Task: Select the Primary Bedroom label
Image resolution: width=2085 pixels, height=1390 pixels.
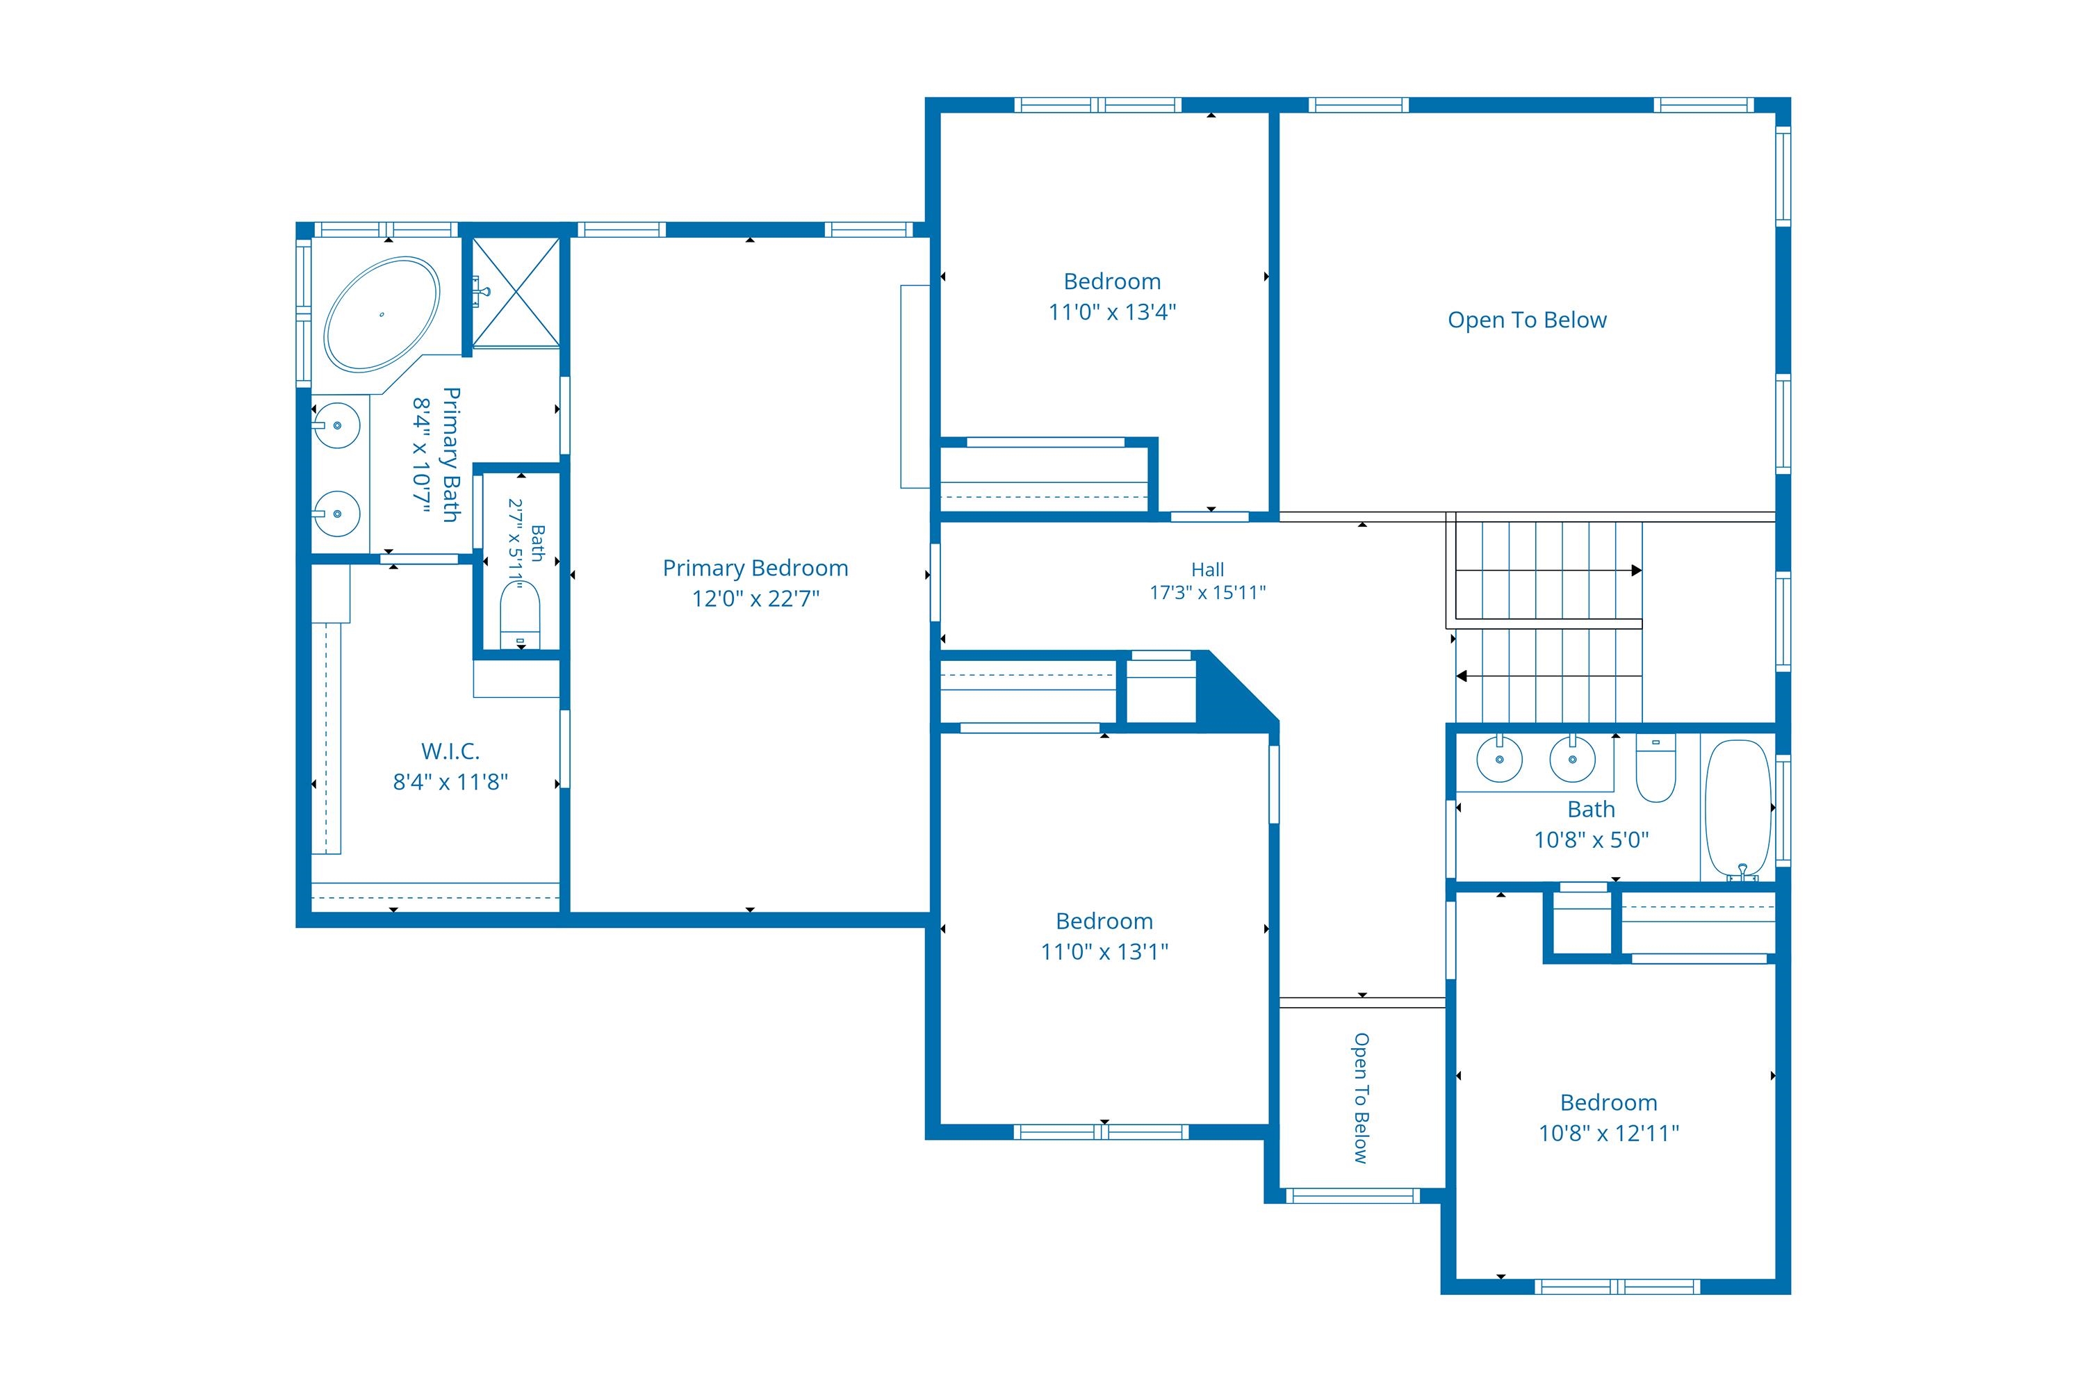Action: (x=755, y=569)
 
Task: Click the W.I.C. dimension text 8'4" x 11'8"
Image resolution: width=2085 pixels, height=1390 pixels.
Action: (x=450, y=782)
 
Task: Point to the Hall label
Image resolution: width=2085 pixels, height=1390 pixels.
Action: (x=1207, y=570)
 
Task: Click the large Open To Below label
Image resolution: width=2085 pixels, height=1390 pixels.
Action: (x=1526, y=320)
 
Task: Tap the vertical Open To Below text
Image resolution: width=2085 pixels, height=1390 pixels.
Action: (x=1361, y=1097)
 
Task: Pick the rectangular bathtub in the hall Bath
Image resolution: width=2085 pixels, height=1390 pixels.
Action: (x=1738, y=808)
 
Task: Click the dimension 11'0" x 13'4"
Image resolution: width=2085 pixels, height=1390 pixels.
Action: (x=1111, y=312)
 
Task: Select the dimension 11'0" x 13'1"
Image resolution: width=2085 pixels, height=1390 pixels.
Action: (x=1104, y=952)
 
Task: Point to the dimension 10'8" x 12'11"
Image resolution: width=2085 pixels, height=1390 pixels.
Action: (x=1609, y=1133)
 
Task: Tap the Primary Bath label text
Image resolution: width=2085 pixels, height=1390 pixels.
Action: (x=451, y=455)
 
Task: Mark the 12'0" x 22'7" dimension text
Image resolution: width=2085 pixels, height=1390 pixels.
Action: (x=755, y=599)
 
